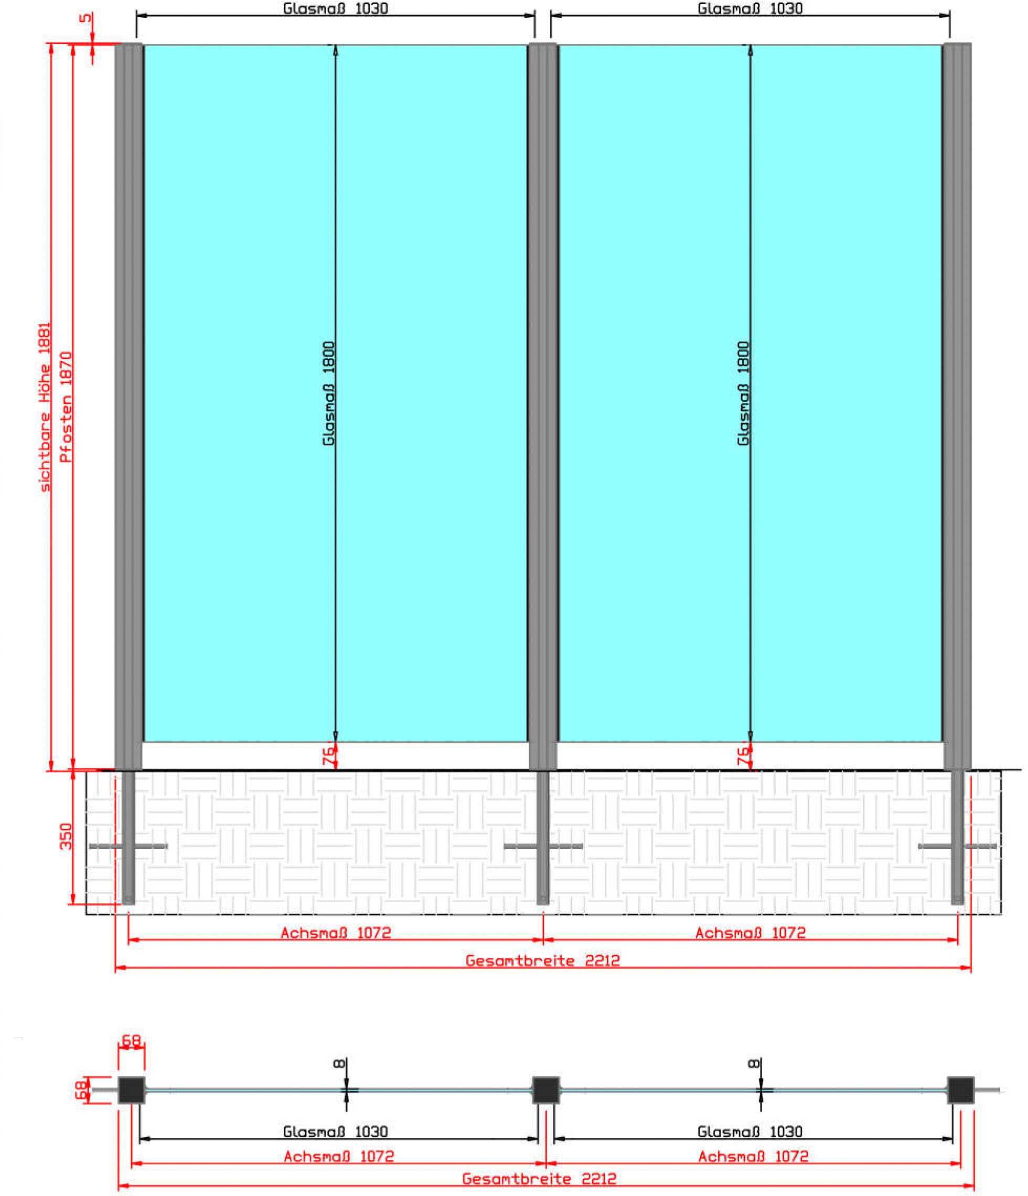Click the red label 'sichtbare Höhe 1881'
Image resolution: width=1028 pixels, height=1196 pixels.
coord(45,407)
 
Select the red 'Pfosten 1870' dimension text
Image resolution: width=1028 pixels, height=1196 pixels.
coord(67,407)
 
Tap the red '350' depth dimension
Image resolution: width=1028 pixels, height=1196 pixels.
coord(67,836)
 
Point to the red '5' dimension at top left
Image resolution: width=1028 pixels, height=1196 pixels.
coord(85,18)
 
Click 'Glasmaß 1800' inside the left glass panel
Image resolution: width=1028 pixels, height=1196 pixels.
coord(328,393)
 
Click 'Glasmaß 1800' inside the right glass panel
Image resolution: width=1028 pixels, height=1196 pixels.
coord(743,393)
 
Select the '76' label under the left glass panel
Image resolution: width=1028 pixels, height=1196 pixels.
coord(327,755)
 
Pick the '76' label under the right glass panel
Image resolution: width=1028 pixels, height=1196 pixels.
coord(742,755)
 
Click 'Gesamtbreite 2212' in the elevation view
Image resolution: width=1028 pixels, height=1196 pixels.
coord(542,960)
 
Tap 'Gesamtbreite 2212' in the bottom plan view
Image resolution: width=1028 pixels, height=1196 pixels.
coord(539,1178)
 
